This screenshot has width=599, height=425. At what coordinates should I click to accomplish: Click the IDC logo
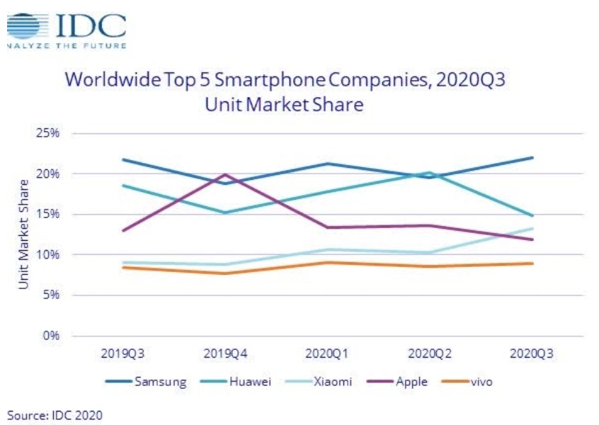click(x=67, y=28)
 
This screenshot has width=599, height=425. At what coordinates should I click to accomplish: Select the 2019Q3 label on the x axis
click(x=123, y=352)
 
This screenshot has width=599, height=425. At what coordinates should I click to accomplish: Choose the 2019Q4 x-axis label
click(x=226, y=352)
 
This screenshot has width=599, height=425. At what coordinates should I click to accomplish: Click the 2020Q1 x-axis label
click(x=328, y=352)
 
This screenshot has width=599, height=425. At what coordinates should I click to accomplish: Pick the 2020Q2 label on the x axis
click(x=430, y=352)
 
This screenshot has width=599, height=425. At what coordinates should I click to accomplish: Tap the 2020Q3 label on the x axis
click(x=532, y=352)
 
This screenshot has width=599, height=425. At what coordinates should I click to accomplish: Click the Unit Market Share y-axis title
click(x=24, y=234)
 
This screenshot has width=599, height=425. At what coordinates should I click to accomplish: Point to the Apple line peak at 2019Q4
click(x=226, y=174)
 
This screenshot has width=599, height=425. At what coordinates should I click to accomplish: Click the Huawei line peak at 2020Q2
click(x=430, y=172)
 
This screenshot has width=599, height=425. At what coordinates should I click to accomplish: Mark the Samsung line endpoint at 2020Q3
click(x=532, y=157)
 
